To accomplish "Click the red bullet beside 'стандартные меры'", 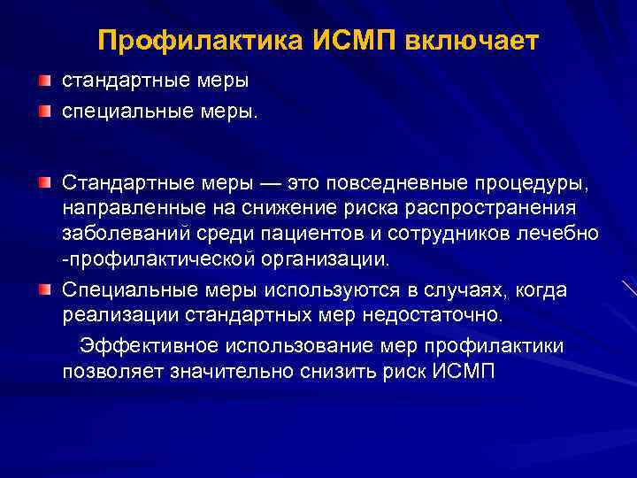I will pyautogui.click(x=44, y=81).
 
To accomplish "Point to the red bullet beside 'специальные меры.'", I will pyautogui.click(x=44, y=112).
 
